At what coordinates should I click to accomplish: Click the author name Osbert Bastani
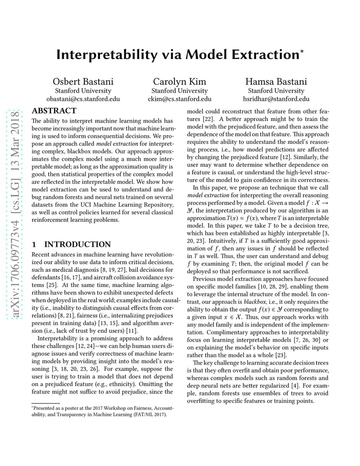tap(83, 82)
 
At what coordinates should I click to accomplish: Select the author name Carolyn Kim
tap(180, 82)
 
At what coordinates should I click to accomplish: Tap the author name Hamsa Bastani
tap(276, 82)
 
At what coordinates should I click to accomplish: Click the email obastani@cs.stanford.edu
tap(83, 99)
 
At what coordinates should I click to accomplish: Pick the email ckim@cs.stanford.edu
tap(180, 99)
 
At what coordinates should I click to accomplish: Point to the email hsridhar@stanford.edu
tap(276, 99)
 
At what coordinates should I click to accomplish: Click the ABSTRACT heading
tap(54, 111)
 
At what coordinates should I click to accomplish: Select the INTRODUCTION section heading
tap(77, 244)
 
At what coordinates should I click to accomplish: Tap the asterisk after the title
tap(302, 51)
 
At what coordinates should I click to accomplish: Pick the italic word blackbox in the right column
tap(256, 302)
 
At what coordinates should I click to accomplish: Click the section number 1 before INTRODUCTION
tap(35, 244)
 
